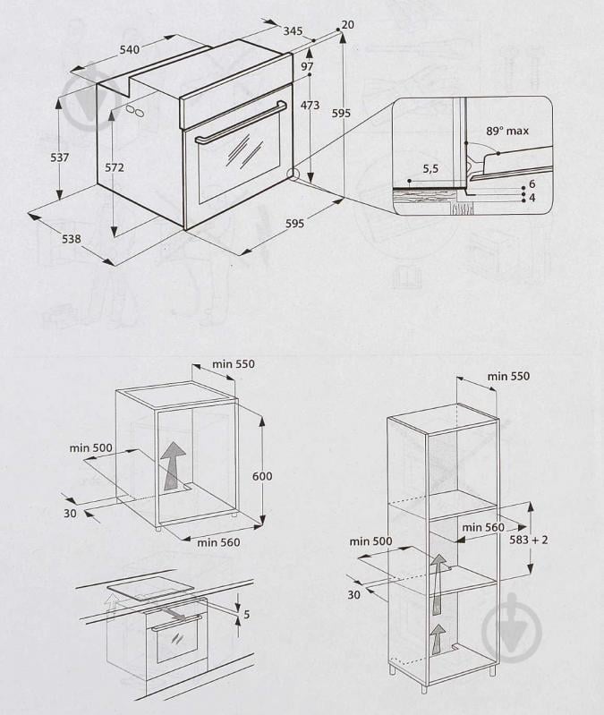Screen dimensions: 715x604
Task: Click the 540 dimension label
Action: [130, 50]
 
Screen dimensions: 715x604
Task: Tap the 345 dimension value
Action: [293, 30]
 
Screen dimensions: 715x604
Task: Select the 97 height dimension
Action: [307, 67]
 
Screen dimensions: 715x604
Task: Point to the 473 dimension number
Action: [310, 106]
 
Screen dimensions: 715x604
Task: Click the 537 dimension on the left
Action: [60, 157]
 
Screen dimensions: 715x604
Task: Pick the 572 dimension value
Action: [114, 167]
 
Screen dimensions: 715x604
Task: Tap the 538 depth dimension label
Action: [72, 239]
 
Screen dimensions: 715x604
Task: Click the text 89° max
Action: [507, 131]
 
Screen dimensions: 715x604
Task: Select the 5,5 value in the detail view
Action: [430, 167]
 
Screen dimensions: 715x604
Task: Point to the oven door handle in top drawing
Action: [242, 123]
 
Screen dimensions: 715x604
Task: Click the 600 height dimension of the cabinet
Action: [261, 476]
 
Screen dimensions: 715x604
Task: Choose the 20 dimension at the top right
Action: [347, 24]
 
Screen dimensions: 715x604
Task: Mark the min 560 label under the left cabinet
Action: [218, 542]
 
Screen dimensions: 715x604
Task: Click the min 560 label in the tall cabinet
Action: [484, 527]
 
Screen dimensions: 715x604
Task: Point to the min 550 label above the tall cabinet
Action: [508, 376]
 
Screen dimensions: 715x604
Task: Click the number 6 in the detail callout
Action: [532, 183]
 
